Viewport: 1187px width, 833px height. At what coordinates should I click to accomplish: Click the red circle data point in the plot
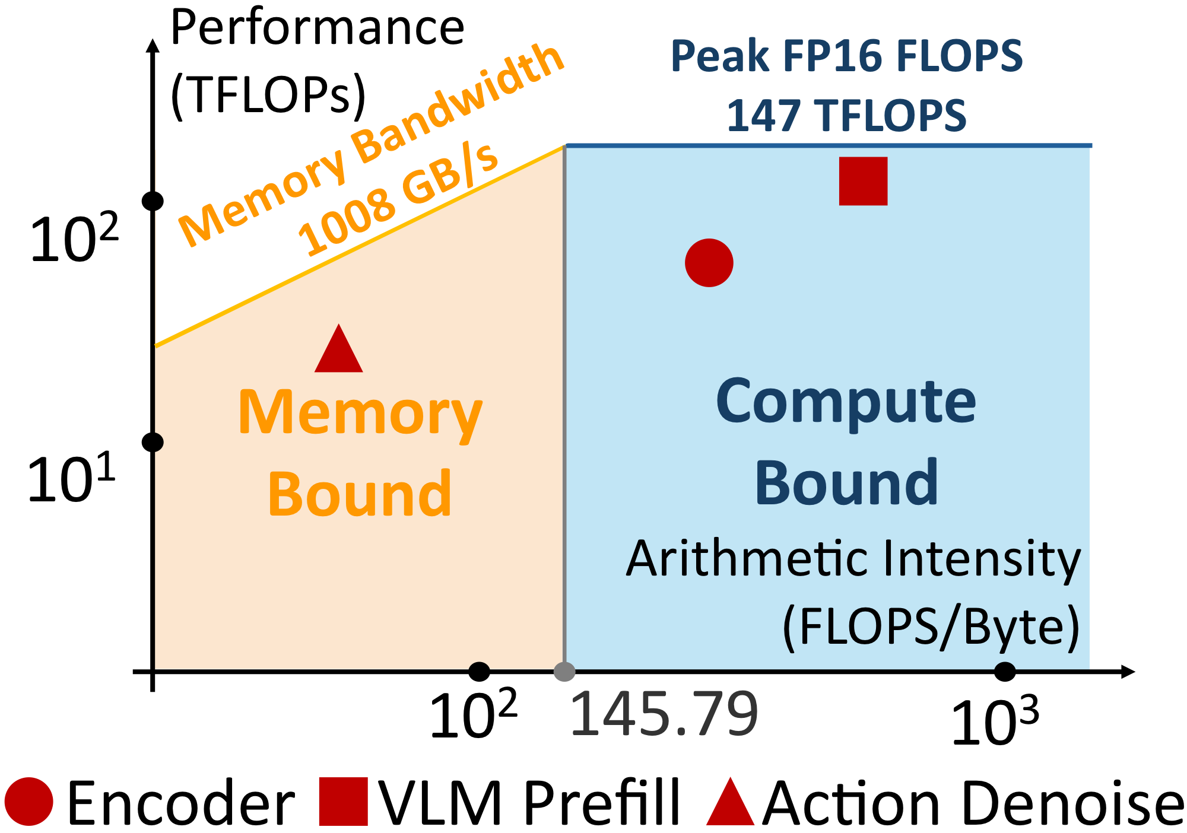pos(709,263)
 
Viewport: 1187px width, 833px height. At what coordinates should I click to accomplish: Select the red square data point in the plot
pos(863,181)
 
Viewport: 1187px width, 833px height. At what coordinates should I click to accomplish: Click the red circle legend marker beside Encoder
pos(28,801)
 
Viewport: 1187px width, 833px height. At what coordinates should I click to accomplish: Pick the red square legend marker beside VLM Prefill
pos(343,802)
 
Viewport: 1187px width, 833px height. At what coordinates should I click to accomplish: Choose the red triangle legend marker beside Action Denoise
pos(730,802)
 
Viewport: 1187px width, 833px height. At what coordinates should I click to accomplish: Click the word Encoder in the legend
pos(181,802)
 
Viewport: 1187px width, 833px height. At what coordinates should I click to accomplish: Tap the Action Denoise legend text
pos(973,802)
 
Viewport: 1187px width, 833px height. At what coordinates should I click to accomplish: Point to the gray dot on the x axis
pos(564,672)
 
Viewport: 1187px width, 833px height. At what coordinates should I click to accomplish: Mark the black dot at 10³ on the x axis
pos(1004,672)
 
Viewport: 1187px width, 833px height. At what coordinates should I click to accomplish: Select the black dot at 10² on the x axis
pos(479,672)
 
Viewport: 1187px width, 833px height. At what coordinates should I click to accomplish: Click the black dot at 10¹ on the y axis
pos(153,442)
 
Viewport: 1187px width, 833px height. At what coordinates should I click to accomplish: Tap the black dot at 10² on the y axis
pos(153,201)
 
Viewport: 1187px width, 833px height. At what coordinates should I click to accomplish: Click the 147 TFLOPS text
pos(846,115)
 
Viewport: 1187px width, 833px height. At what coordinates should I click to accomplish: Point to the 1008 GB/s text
pos(398,199)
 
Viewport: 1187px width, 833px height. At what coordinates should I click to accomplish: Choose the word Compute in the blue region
pos(846,402)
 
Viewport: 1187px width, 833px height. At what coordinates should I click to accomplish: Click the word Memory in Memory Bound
pos(360,414)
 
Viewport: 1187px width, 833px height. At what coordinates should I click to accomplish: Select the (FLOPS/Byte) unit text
pos(931,627)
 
